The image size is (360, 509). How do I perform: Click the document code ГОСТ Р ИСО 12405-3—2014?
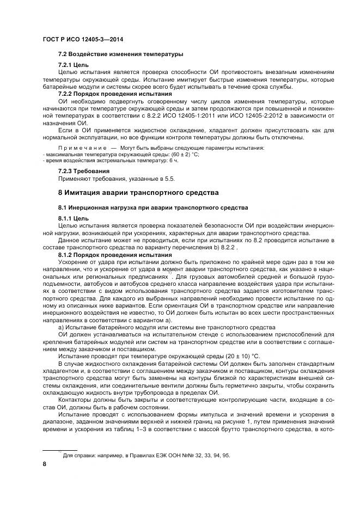click(x=78, y=39)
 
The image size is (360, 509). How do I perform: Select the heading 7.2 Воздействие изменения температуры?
click(x=120, y=54)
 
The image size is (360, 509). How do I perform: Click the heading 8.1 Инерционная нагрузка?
click(x=152, y=207)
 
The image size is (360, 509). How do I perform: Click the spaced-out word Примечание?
click(x=82, y=148)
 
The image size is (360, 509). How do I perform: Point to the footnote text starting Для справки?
click(x=146, y=455)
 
